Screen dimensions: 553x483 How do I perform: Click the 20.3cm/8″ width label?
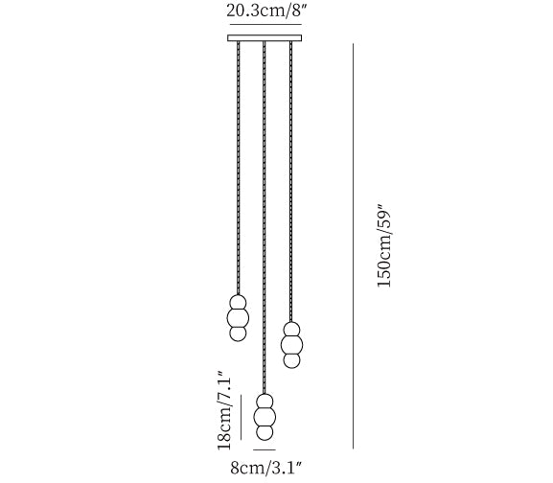pos(265,11)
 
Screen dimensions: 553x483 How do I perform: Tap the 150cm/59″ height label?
pos(384,245)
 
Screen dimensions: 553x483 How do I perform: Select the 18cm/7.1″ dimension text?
pos(224,410)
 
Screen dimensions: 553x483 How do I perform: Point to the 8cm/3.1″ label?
pos(266,468)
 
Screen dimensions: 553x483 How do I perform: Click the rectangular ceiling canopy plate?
pos(265,38)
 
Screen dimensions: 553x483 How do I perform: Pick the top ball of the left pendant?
pos(238,303)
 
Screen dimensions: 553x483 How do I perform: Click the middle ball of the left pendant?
pos(238,318)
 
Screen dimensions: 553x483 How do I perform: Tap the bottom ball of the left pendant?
pos(238,333)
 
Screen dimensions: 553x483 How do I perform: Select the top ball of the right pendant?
pos(291,330)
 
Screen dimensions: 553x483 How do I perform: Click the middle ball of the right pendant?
pos(291,345)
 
